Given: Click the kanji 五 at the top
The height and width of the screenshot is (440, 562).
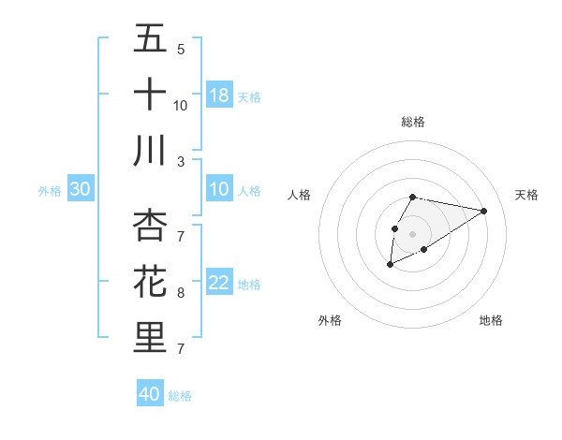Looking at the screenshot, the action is point(150,39).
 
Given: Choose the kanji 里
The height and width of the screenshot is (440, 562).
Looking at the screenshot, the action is point(150,338).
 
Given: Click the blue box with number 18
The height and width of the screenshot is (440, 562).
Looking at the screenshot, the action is point(219,95).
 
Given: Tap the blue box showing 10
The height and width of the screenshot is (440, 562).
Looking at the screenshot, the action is point(219,189).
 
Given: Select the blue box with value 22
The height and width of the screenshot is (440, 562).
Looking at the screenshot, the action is point(219,283).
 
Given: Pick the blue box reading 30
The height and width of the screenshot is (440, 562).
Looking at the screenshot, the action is point(81,189).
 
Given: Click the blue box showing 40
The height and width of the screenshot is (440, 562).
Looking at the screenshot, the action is point(150,394).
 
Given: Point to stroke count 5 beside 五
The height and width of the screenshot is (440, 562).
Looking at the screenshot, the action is point(181,50).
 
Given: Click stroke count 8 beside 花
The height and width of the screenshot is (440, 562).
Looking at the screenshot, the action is point(181,293).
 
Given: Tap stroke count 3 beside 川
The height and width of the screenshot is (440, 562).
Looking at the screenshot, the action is point(181,161).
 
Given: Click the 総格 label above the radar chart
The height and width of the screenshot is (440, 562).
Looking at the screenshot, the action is point(412,122).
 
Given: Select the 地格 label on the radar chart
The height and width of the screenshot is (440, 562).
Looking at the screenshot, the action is point(491,320).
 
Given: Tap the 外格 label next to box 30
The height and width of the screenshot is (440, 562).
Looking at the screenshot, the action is point(50,190).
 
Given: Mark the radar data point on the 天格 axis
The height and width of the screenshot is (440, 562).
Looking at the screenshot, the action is point(484,211).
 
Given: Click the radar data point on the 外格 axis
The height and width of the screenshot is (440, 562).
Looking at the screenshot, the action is point(391,266).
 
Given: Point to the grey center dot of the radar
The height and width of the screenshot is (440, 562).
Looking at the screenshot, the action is point(412,232).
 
